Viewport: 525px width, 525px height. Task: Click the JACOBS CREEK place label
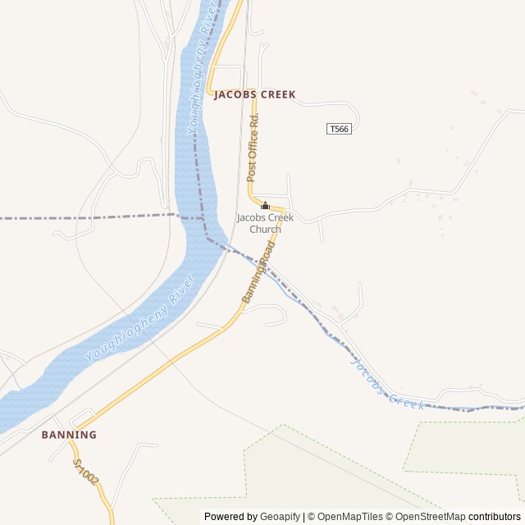pyautogui.click(x=254, y=95)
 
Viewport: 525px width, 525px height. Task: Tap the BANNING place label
pyautogui.click(x=69, y=435)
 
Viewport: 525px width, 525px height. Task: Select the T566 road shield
pyautogui.click(x=339, y=130)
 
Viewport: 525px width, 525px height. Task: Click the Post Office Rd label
pyautogui.click(x=253, y=148)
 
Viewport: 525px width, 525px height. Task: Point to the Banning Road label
pyautogui.click(x=258, y=278)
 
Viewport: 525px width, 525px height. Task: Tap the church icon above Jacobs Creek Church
pyautogui.click(x=265, y=206)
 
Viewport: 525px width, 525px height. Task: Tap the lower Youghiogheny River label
pyautogui.click(x=140, y=319)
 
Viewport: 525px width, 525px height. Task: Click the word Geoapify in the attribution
pyautogui.click(x=280, y=517)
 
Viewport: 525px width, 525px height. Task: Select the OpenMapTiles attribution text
pyautogui.click(x=349, y=517)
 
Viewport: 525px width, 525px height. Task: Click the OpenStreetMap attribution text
pyautogui.click(x=428, y=517)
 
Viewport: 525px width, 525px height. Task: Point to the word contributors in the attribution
pyautogui.click(x=495, y=517)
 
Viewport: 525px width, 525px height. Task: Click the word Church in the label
pyautogui.click(x=265, y=230)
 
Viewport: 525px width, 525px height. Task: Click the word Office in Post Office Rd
pyautogui.click(x=253, y=148)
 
